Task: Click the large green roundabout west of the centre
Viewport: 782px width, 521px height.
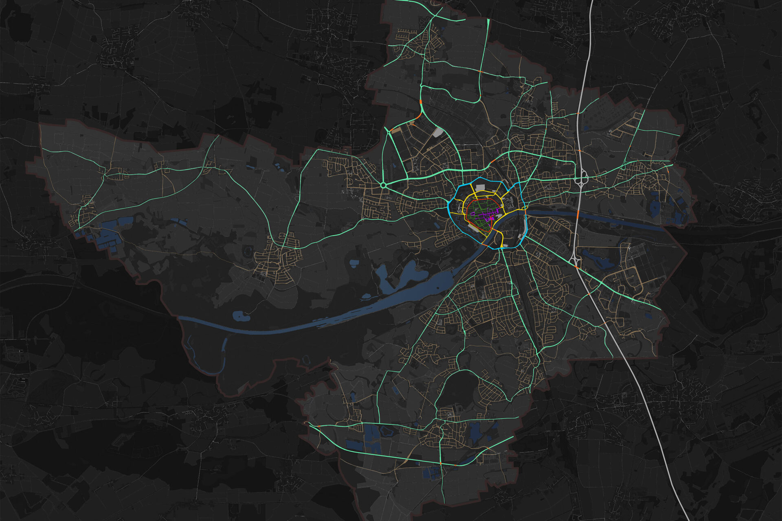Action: (383, 186)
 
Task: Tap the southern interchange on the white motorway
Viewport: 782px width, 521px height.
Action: (576, 257)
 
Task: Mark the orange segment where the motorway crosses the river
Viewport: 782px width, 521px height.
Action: (577, 215)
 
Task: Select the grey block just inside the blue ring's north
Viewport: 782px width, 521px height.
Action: (479, 188)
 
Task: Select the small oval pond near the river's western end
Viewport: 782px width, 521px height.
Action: (240, 316)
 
